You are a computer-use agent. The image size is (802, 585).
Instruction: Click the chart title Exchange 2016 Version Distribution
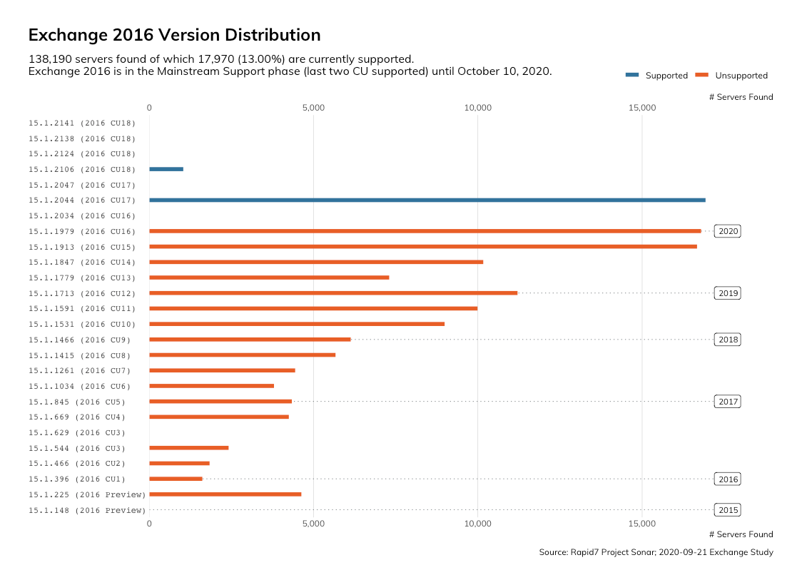click(x=174, y=35)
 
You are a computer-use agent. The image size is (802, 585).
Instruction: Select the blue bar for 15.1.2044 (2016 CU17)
click(x=427, y=200)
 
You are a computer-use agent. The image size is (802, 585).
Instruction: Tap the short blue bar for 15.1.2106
click(x=166, y=169)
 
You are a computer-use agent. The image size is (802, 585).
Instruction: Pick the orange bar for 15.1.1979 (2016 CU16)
click(x=425, y=231)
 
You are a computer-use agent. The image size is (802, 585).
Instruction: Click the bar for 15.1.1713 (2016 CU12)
click(x=333, y=293)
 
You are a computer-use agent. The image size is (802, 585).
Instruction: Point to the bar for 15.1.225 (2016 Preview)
click(x=225, y=494)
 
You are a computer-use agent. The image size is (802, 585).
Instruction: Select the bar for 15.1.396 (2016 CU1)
click(x=176, y=479)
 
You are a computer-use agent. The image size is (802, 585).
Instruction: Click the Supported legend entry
click(x=656, y=76)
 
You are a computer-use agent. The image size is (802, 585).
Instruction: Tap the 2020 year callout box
click(x=728, y=231)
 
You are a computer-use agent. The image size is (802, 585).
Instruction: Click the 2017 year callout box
click(x=728, y=402)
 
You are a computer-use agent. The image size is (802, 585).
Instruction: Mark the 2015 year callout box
click(x=728, y=510)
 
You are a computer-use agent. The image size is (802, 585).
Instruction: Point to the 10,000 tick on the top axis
click(x=478, y=108)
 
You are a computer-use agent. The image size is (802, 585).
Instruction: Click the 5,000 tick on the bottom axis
click(x=313, y=524)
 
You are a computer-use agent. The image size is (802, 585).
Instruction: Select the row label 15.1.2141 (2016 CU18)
click(x=82, y=123)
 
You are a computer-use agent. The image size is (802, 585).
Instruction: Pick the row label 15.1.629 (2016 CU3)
click(x=77, y=432)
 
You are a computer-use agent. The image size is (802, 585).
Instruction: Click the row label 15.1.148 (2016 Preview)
click(x=87, y=510)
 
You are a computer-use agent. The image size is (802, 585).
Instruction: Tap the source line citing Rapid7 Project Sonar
click(x=656, y=552)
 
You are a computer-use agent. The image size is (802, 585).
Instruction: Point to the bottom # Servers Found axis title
click(x=741, y=534)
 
